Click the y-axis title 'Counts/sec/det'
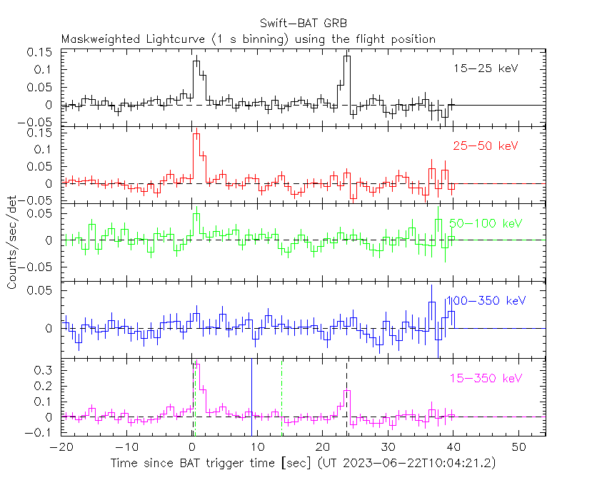point(12,242)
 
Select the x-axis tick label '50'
point(519,446)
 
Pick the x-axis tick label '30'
point(388,446)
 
